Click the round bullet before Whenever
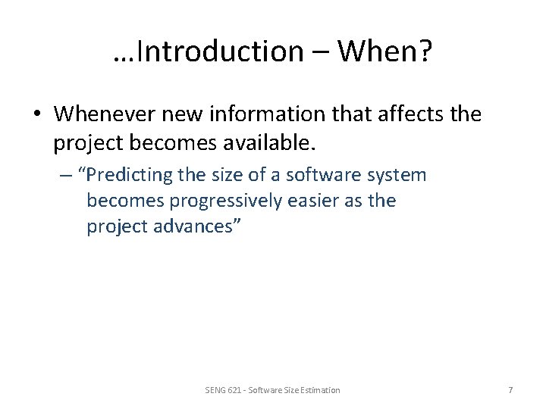[38, 114]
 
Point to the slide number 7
[510, 389]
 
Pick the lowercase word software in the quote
[320, 176]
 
